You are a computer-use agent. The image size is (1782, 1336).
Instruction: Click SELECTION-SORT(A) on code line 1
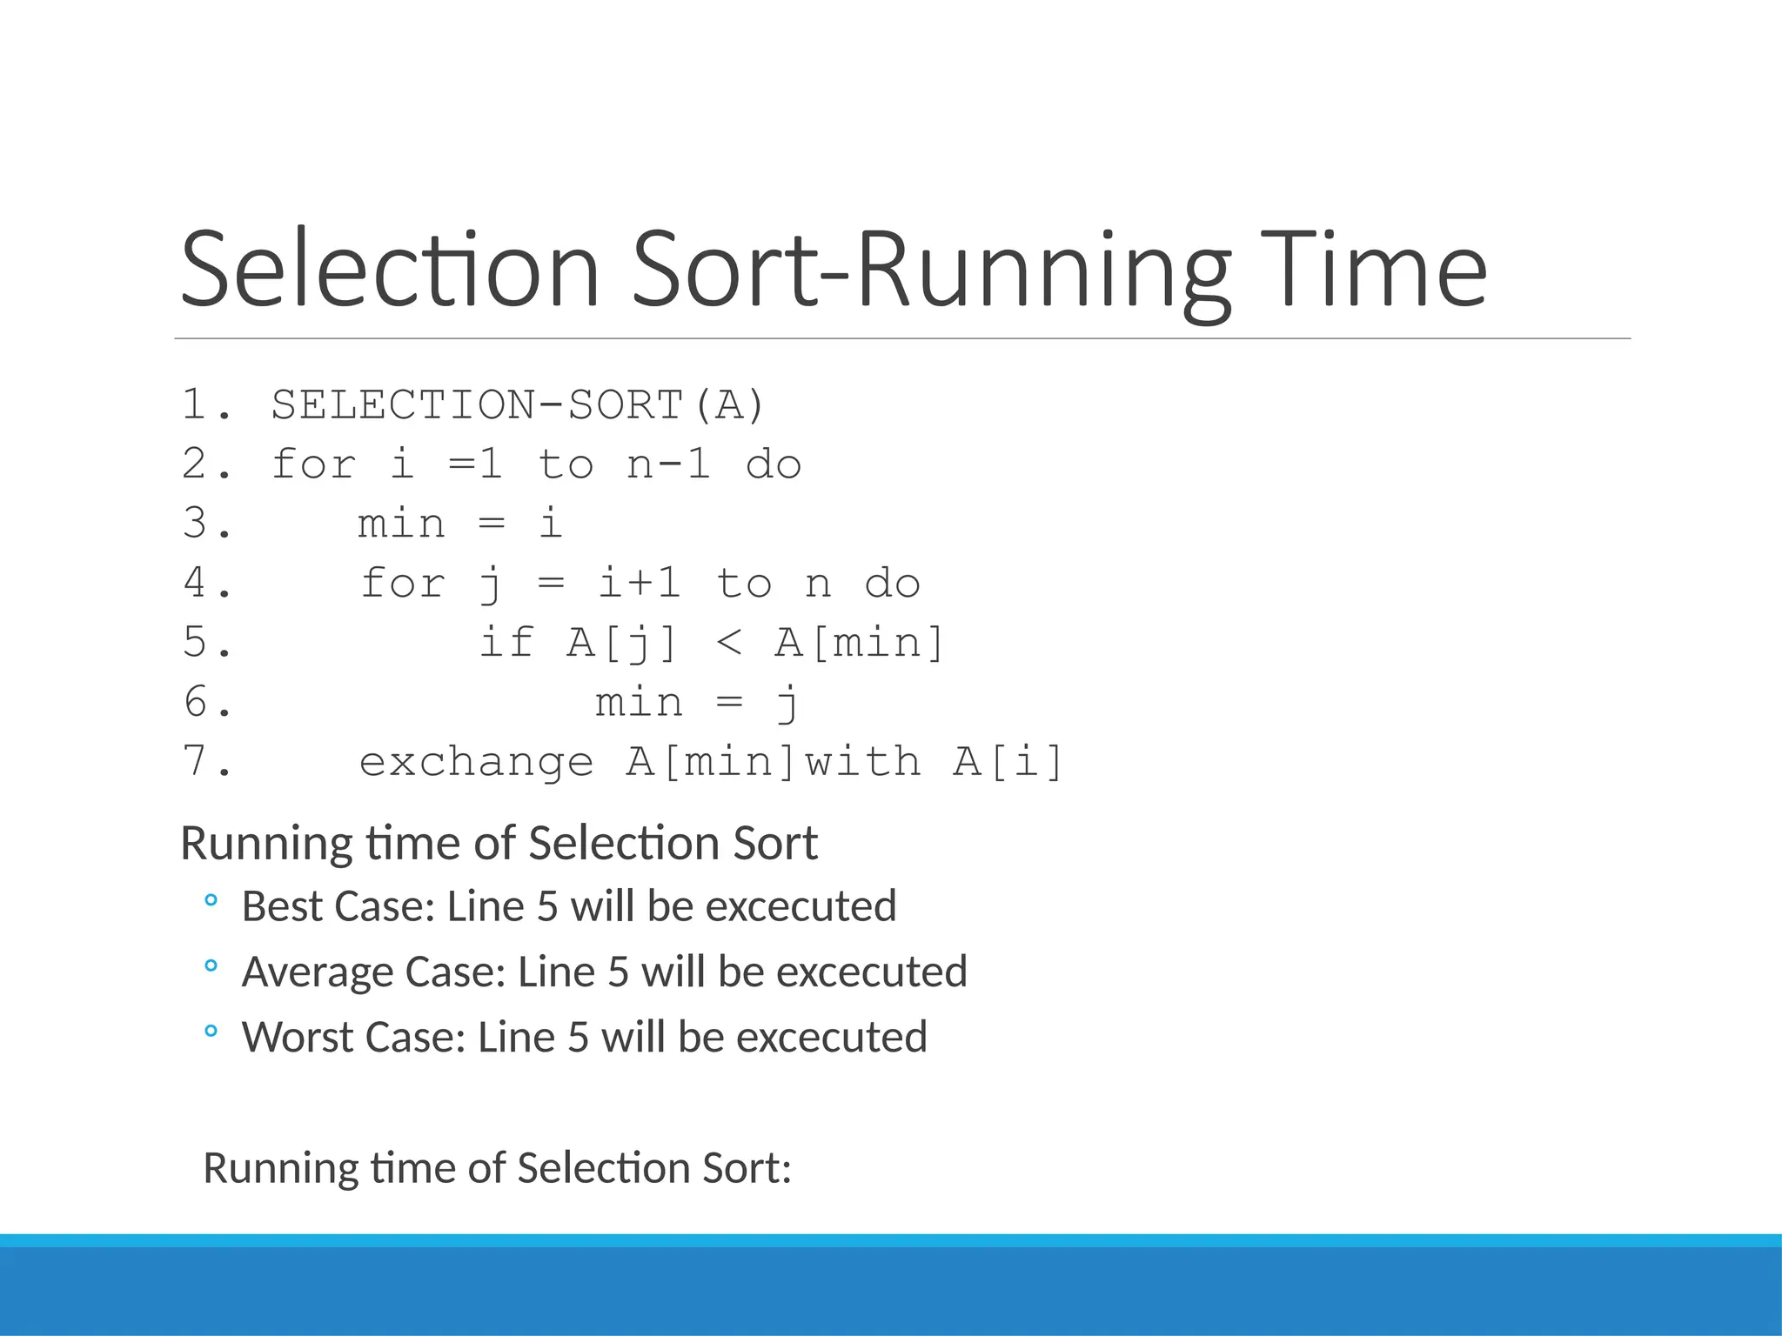point(517,405)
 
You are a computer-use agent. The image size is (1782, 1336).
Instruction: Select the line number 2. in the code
point(207,464)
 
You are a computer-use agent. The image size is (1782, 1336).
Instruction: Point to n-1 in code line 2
point(668,464)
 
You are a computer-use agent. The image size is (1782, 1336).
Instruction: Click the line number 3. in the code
point(207,524)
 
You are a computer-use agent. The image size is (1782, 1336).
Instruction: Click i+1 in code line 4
point(639,583)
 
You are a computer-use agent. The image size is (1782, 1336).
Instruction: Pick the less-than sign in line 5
point(728,643)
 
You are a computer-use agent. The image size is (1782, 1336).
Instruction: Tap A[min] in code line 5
point(859,643)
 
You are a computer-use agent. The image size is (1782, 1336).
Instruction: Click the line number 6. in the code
point(207,702)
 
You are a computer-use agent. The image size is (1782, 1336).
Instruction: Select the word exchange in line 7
point(476,762)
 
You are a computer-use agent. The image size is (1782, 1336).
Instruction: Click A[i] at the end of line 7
point(1008,762)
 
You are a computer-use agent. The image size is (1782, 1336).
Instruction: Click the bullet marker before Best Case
point(210,901)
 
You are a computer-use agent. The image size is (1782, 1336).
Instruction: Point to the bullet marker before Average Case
point(210,966)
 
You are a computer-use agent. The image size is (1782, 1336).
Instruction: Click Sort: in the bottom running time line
point(747,1168)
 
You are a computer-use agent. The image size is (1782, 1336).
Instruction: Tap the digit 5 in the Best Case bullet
point(547,907)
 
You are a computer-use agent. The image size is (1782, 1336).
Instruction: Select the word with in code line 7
point(861,762)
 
